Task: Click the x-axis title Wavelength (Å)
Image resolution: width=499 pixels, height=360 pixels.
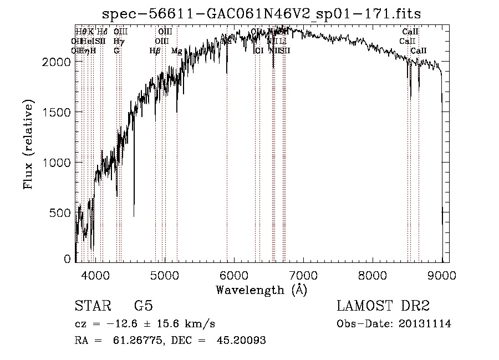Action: (261, 290)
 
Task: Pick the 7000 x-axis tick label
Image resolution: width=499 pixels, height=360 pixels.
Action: (303, 275)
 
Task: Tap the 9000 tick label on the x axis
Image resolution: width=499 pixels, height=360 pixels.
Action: (442, 275)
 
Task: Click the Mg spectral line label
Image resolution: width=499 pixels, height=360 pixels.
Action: (176, 51)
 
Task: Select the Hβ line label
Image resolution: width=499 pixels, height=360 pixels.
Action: (155, 51)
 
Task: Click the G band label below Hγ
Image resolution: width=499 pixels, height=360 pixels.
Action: (116, 51)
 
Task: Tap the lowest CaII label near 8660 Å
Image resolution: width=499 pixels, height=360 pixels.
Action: (419, 51)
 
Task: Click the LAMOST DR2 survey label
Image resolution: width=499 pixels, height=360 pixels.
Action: (383, 307)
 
